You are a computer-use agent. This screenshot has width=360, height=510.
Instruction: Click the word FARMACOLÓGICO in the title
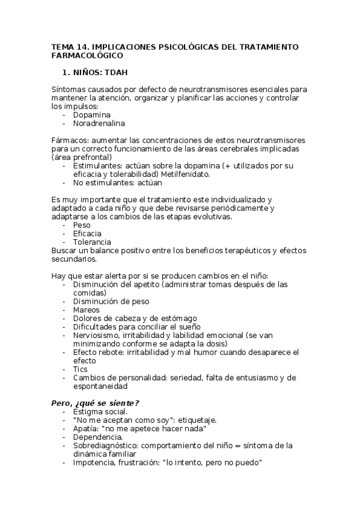[x=87, y=55]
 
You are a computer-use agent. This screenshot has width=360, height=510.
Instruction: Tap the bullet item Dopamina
[x=91, y=114]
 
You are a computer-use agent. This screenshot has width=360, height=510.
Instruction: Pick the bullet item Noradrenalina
[x=99, y=123]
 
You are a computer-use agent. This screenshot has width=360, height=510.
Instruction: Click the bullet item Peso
[x=82, y=225]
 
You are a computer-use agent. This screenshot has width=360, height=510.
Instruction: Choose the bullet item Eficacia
[x=87, y=233]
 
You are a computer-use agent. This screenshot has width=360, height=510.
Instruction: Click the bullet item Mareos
[x=86, y=310]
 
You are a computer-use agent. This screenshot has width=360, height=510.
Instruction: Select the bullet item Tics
[x=80, y=369]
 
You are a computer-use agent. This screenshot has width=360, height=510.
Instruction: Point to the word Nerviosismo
[x=96, y=335]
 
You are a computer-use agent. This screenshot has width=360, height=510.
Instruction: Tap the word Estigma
[x=88, y=411]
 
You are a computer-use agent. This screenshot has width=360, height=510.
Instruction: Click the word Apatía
[x=85, y=428]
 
